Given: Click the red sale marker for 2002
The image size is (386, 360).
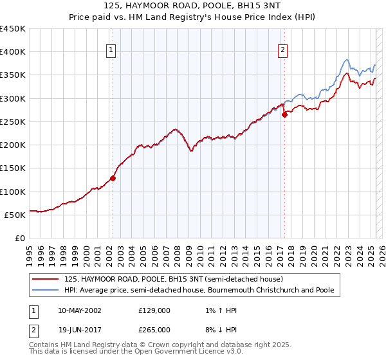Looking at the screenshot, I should [113, 179].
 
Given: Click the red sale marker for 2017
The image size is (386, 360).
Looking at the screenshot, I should [284, 115].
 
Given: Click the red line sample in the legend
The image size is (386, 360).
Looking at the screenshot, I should [45, 279].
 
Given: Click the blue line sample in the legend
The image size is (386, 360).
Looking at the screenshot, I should [45, 290].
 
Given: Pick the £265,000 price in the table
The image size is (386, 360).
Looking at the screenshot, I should [154, 330].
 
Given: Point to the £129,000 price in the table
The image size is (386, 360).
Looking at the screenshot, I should [154, 310].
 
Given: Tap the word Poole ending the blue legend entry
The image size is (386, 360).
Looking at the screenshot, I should [324, 290].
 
